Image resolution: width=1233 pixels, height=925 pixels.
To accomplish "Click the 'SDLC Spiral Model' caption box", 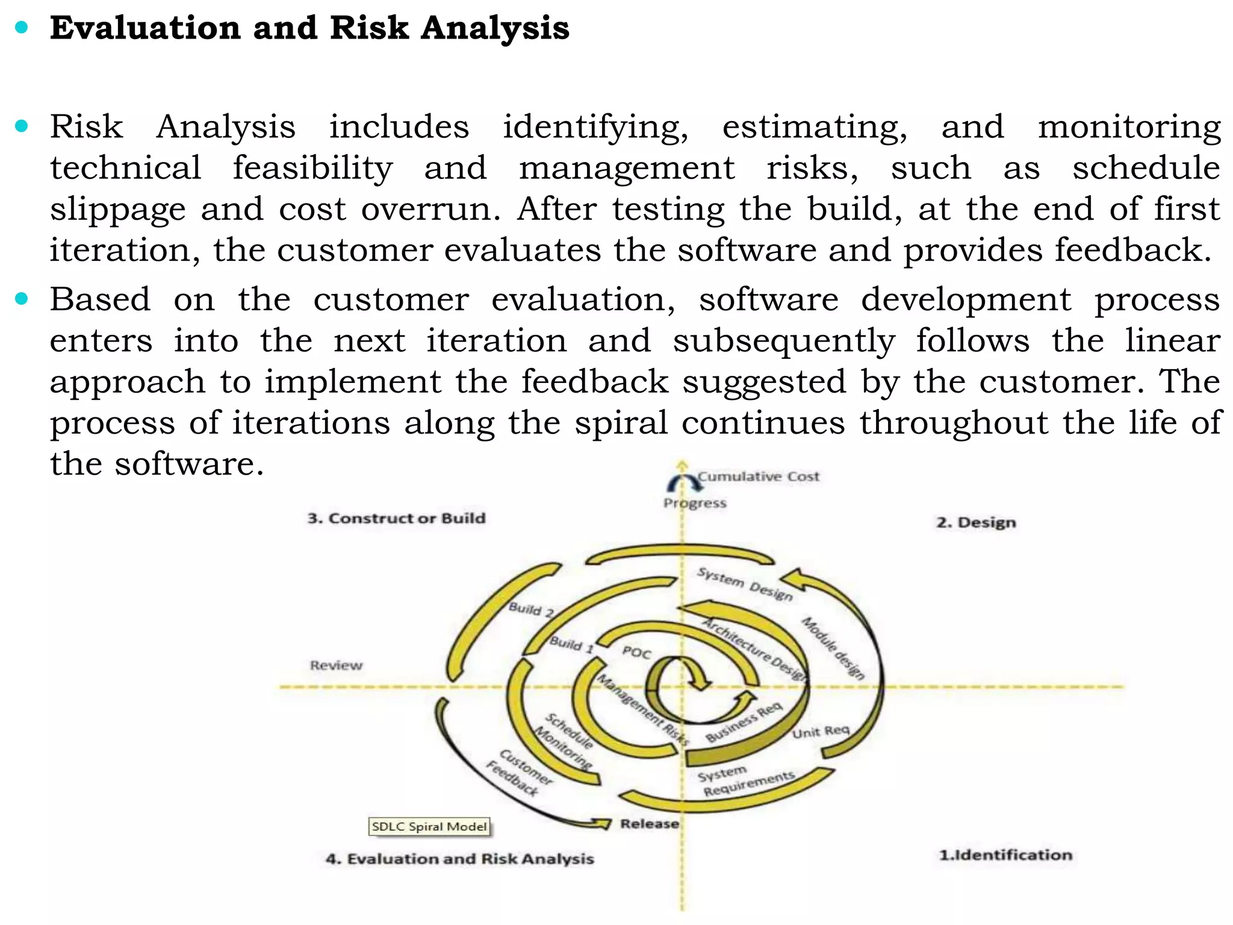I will (429, 826).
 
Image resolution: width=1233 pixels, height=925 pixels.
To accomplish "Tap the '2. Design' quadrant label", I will (976, 522).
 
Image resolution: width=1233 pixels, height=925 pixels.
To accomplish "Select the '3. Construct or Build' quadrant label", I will (396, 518).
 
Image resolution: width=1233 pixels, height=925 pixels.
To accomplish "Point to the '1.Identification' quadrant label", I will (1005, 855).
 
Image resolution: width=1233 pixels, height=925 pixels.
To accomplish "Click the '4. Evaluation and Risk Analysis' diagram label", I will (459, 858).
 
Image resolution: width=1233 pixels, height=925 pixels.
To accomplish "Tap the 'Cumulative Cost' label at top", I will (759, 476).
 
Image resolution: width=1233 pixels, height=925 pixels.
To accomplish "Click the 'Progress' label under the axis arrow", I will (695, 503).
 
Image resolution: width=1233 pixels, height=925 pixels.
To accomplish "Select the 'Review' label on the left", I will (336, 665).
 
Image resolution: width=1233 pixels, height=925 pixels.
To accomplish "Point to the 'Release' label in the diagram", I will (650, 823).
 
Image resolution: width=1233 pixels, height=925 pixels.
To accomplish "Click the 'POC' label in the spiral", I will (636, 652).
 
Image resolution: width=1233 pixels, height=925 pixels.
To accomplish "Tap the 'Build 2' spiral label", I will (531, 609).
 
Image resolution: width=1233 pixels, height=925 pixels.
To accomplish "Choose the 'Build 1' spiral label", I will (571, 644).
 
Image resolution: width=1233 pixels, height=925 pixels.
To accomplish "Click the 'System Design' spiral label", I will (745, 584).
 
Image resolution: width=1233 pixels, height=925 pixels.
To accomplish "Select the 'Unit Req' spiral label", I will (821, 732).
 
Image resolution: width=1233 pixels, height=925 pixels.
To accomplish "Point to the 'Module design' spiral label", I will (833, 648).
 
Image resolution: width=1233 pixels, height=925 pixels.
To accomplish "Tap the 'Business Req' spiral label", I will (744, 721).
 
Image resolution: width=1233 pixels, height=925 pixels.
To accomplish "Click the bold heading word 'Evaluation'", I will (145, 28).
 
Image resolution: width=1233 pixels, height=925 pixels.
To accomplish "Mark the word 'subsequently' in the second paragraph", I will (784, 341).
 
